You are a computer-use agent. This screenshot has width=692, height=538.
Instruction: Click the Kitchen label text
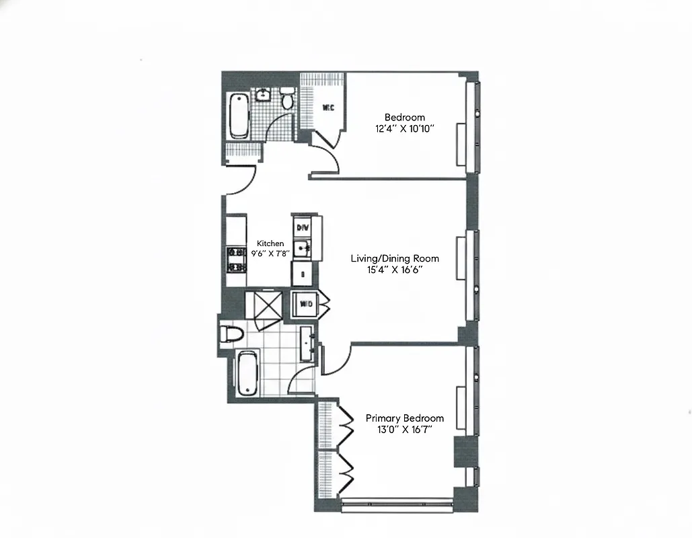click(270, 243)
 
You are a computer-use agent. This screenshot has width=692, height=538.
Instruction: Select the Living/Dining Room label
click(395, 258)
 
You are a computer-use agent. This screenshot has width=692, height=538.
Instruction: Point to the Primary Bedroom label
click(404, 418)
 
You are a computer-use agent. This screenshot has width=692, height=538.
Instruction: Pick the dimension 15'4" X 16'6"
click(395, 270)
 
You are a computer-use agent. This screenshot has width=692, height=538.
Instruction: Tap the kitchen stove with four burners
click(237, 260)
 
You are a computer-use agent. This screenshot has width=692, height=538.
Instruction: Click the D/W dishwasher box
click(303, 227)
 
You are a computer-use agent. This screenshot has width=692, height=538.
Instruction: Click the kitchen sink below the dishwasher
click(303, 247)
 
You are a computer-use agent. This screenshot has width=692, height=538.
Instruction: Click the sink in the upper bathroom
click(263, 95)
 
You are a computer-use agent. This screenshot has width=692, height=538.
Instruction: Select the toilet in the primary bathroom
click(231, 334)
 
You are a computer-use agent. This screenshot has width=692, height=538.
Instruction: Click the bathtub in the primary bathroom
click(245, 375)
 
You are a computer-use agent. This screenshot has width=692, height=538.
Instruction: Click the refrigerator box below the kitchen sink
click(302, 274)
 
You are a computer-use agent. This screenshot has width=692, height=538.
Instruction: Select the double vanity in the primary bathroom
click(307, 344)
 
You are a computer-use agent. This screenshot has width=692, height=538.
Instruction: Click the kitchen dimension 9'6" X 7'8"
click(270, 254)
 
